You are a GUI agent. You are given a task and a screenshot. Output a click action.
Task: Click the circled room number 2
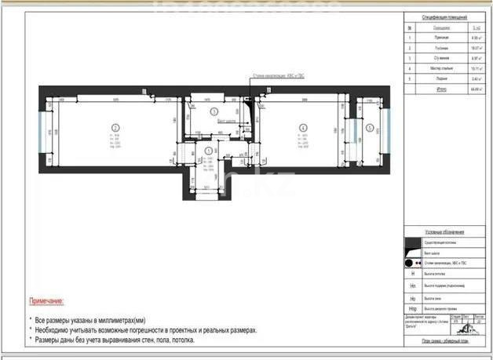pos(114,128)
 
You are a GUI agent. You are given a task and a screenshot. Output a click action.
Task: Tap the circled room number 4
pos(301,127)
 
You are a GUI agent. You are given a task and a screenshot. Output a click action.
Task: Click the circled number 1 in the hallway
pos(208,151)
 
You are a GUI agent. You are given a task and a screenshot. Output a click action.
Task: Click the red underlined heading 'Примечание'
pos(46,300)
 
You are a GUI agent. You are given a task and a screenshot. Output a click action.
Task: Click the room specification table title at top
pos(444,16)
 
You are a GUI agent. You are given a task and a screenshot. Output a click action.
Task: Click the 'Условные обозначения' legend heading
pos(444,232)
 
